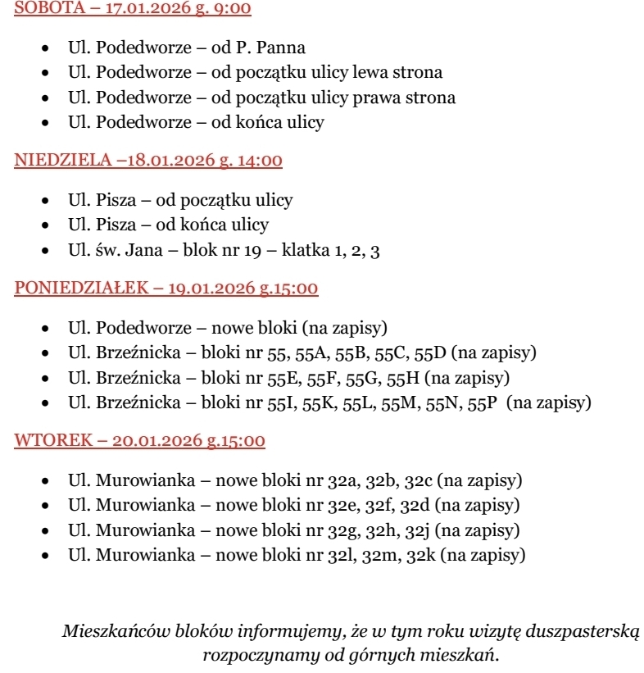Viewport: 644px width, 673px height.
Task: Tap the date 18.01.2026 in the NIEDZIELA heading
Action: pyautogui.click(x=169, y=161)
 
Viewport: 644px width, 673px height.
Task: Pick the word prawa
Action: pyautogui.click(x=373, y=98)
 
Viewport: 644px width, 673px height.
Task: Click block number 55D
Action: pyautogui.click(x=430, y=353)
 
